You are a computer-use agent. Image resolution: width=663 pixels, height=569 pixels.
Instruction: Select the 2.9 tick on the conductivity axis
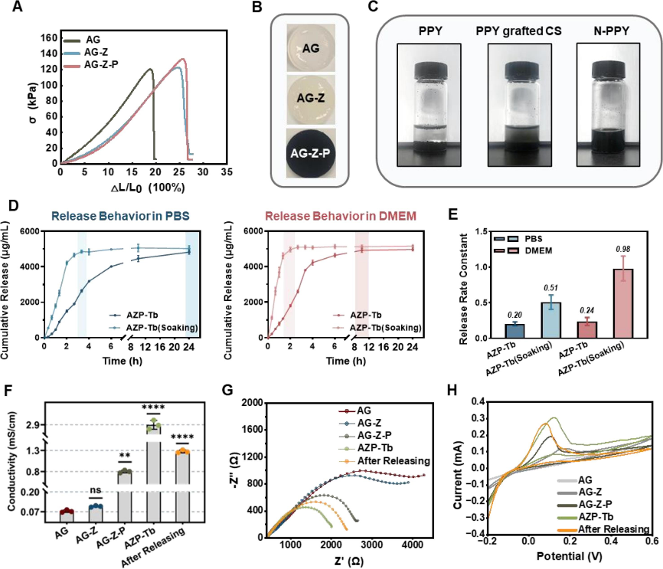tap(41, 425)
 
